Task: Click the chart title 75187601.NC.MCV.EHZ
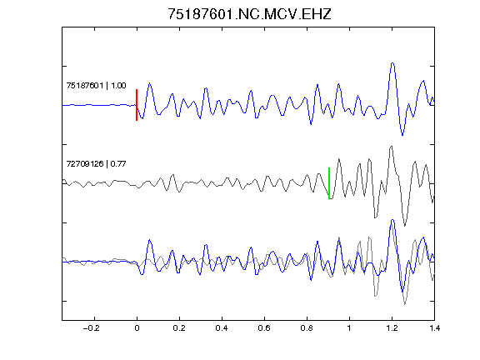tap(249, 14)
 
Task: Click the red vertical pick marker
tap(137, 105)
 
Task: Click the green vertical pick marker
tap(329, 183)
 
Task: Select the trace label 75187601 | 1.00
tap(96, 85)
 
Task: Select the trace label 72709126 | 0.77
tap(96, 164)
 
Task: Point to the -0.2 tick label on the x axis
tap(91, 328)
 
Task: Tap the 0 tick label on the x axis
tap(137, 328)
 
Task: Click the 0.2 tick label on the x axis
tap(179, 328)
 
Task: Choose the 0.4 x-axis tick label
tap(222, 328)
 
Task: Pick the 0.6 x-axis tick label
tap(264, 328)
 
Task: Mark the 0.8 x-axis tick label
tap(307, 328)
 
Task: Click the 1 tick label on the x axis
tap(349, 328)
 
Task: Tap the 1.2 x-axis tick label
tap(392, 328)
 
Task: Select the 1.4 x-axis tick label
tap(434, 328)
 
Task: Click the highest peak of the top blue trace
tap(392, 63)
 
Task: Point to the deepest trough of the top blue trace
tap(402, 135)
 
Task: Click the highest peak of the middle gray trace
tap(391, 147)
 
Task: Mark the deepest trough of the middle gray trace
tap(405, 226)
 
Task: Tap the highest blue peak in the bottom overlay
tap(392, 220)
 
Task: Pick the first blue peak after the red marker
tap(150, 83)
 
